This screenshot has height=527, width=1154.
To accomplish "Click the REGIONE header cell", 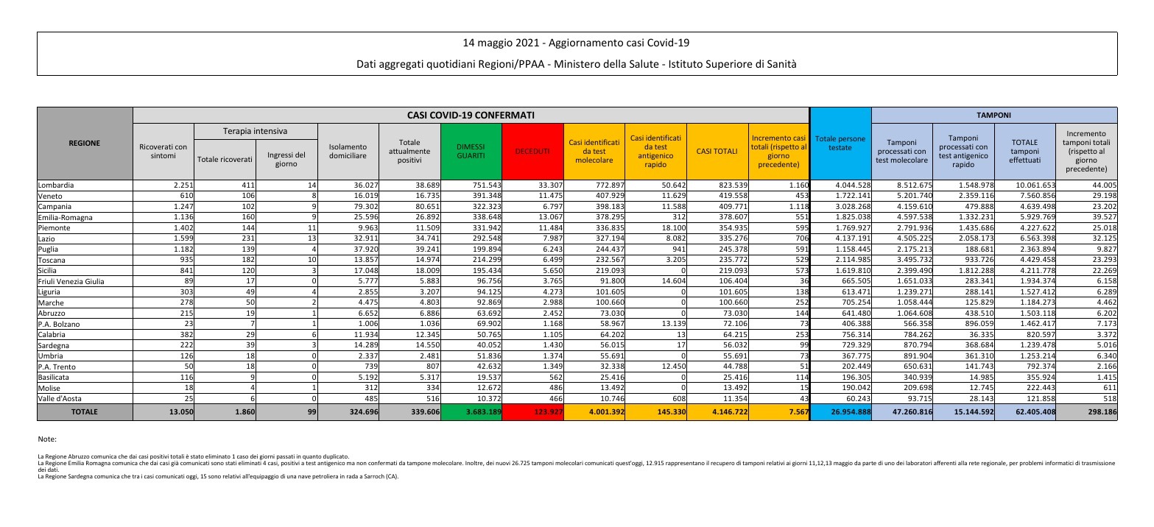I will point(85,144).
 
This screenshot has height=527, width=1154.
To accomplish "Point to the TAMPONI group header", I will point(993,115).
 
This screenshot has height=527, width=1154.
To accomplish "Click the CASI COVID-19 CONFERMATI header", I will point(471,115).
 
